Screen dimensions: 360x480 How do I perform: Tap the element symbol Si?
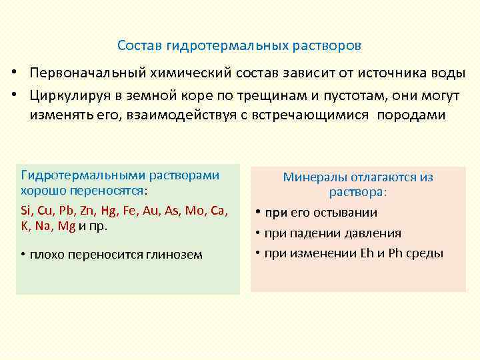27,211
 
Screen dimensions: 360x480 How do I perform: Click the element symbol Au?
152,211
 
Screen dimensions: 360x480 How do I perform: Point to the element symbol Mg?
67,225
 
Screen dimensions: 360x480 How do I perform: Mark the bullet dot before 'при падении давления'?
257,233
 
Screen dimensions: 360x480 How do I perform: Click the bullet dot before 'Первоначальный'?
13,73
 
